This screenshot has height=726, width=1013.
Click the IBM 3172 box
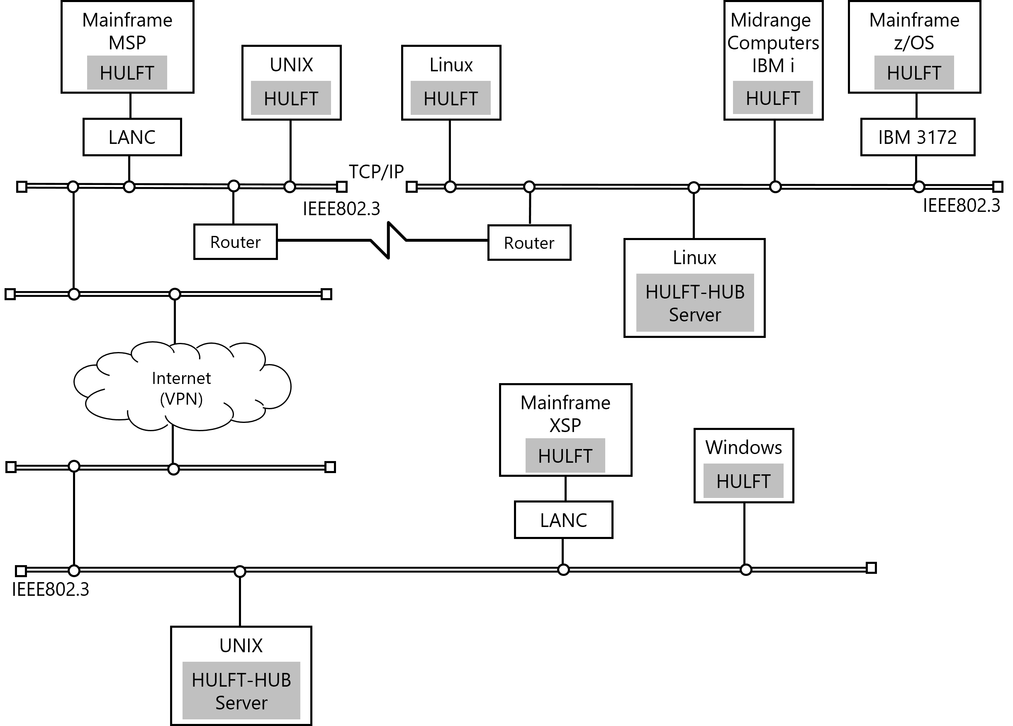(918, 137)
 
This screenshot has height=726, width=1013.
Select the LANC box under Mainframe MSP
(132, 137)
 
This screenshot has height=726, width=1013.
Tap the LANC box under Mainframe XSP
(563, 520)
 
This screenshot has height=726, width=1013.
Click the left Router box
(235, 242)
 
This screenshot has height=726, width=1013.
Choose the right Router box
(529, 243)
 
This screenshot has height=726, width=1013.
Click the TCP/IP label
(376, 172)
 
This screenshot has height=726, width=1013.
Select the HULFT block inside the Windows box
(743, 481)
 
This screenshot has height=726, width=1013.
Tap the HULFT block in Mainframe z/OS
(914, 73)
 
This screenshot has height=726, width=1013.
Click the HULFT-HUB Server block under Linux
(695, 303)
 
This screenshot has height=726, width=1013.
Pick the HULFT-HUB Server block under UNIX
(241, 691)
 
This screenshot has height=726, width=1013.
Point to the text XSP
(565, 425)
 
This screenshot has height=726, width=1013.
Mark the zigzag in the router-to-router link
(388, 240)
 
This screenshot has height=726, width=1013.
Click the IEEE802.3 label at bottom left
(51, 589)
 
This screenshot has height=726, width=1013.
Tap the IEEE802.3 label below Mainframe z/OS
(962, 205)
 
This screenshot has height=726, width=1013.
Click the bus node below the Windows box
(746, 570)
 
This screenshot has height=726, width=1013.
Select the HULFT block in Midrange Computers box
(773, 98)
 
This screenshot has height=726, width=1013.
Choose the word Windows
(744, 447)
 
